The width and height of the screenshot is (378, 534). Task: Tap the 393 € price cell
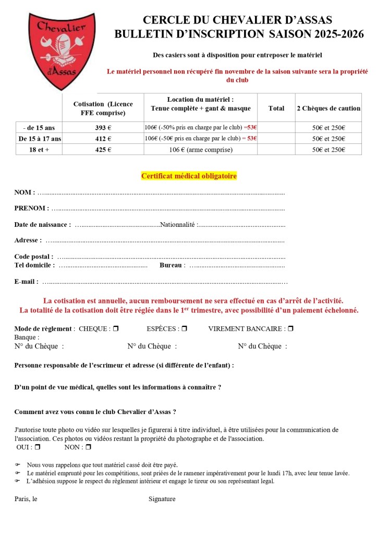pos(103,128)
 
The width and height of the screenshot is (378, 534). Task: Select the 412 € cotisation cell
pos(103,139)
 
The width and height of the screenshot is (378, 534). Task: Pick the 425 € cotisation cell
pos(103,150)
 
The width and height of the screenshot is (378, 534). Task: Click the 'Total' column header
pos(276,108)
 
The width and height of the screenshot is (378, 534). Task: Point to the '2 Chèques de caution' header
pos(328,108)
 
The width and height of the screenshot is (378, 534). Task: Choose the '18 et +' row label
pos(39,150)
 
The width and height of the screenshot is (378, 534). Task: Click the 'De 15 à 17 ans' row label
pos(40,139)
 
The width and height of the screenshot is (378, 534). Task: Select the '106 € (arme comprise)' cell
pos(201,150)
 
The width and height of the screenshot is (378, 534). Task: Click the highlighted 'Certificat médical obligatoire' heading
pos(189,176)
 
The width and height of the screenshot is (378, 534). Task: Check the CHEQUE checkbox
pos(116,329)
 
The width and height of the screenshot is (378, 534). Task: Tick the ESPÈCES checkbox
pos(184,329)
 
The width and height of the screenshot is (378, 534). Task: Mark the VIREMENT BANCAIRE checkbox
pos(290,329)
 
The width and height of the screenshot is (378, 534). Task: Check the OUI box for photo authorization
pos(38,447)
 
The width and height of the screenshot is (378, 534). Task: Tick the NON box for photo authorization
pos(88,447)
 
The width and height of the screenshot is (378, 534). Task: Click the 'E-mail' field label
pos(26,282)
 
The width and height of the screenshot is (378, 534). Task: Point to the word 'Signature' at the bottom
pos(162,499)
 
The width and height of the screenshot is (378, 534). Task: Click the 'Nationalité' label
pos(178,224)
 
